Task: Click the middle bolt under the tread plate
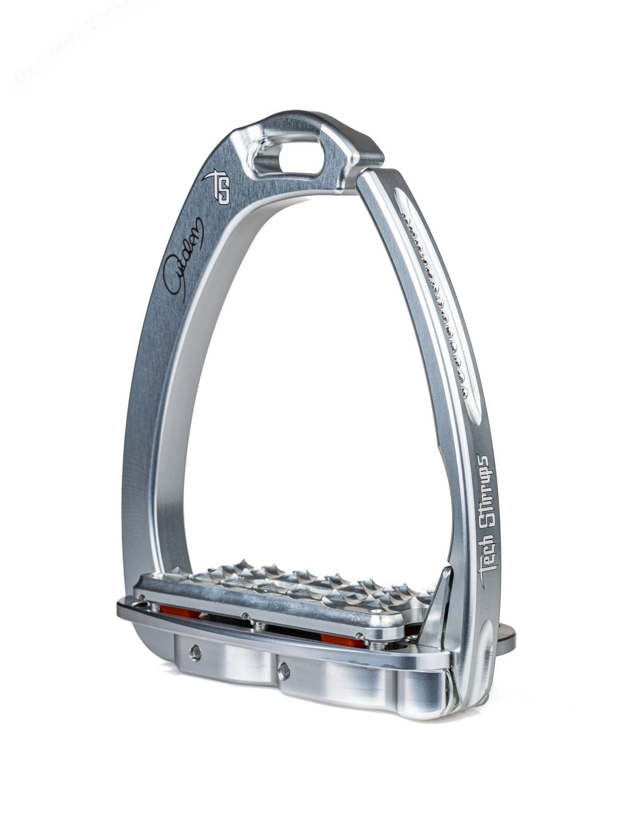[x=256, y=624]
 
